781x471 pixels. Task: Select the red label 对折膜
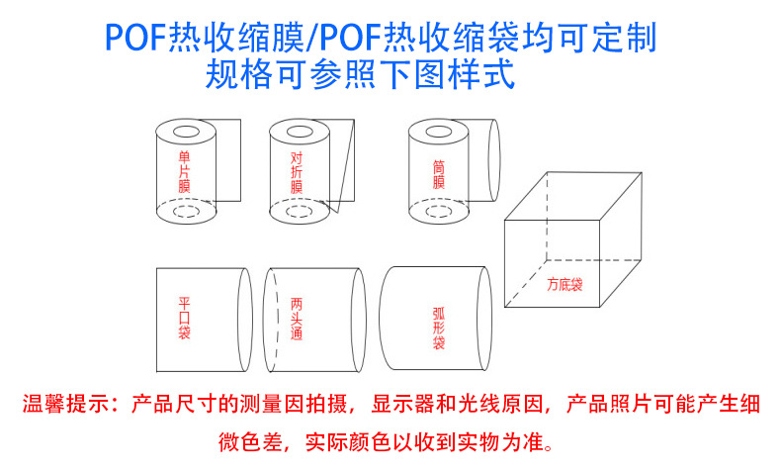(297, 172)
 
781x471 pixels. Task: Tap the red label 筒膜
(438, 175)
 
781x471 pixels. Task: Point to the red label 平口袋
(184, 318)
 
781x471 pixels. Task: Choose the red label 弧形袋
(438, 328)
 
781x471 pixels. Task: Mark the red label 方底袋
(564, 285)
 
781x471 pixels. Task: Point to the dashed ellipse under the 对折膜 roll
(297, 211)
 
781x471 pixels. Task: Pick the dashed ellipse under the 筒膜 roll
(437, 211)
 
